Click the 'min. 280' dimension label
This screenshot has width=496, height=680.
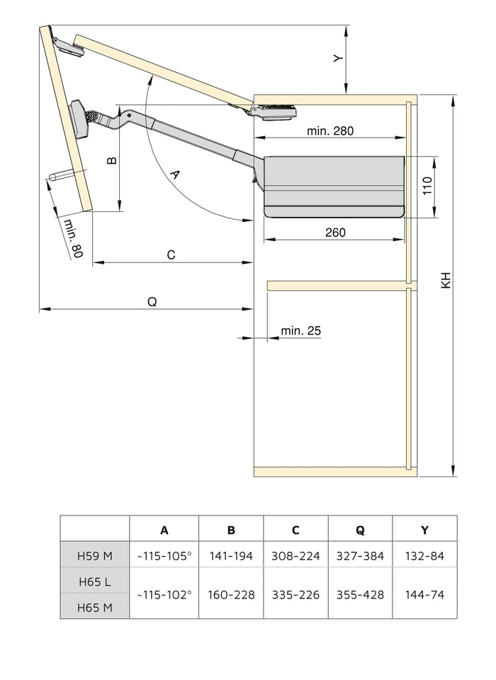[329, 130]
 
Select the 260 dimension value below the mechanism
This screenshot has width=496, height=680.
[335, 233]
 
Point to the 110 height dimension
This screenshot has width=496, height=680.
[427, 186]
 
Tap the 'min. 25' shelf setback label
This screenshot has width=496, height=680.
[300, 330]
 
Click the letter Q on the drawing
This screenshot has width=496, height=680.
[152, 301]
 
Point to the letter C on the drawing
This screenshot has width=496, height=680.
[171, 255]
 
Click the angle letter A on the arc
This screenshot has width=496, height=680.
[176, 174]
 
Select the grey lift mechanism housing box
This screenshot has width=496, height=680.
[333, 186]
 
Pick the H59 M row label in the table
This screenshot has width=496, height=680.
[95, 556]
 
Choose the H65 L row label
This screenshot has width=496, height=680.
[95, 581]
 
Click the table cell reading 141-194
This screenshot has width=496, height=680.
[231, 556]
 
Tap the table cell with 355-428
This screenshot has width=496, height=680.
[360, 594]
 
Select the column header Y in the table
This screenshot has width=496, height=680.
[424, 530]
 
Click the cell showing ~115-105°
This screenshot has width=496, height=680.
[164, 556]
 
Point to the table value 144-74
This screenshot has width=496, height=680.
[424, 594]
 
